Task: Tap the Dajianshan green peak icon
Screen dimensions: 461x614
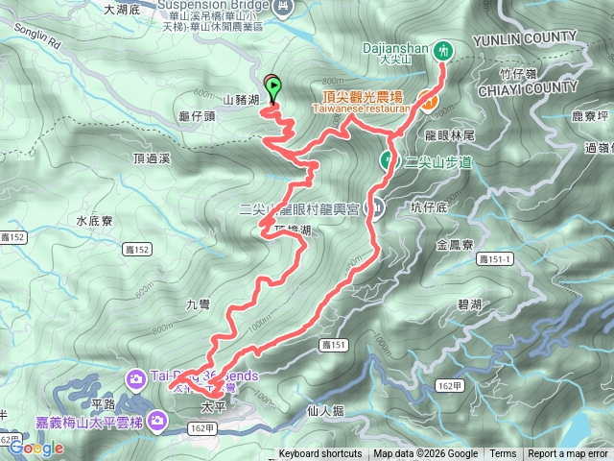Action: point(443,50)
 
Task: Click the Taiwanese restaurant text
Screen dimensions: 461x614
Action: point(361,109)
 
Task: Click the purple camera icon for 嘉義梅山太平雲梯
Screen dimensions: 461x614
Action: point(153,420)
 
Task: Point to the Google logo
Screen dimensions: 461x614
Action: point(36,447)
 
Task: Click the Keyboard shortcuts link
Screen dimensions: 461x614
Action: point(320,454)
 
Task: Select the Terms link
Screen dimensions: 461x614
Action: point(503,454)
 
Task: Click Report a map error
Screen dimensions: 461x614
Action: point(568,454)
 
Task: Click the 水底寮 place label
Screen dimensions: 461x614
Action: point(94,221)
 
